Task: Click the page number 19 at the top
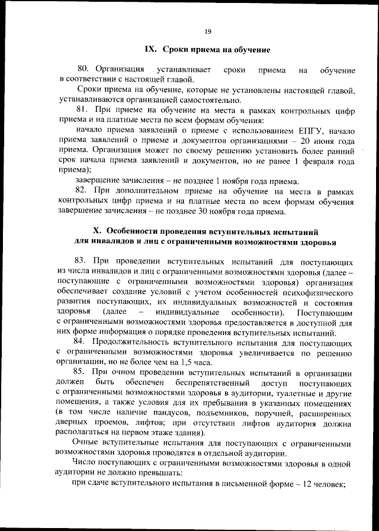point(208,31)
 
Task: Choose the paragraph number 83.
point(82,261)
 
